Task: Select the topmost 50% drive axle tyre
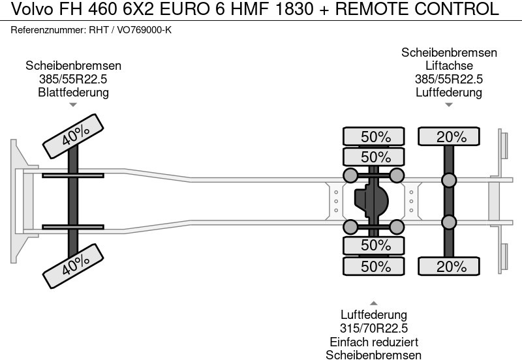coord(375,137)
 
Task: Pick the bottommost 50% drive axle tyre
coord(375,266)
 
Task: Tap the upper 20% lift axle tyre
coord(449,137)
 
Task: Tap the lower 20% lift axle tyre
coord(449,266)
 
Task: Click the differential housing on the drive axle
coord(370,200)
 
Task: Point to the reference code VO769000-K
coord(144,31)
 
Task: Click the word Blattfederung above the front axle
coord(73,92)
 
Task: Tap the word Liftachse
coord(449,66)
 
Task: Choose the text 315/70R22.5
coord(373,328)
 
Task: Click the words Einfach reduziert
coord(373,342)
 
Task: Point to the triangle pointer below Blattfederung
coord(73,104)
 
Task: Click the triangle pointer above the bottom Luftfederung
coord(373,303)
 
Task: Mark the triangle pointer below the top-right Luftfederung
coord(449,104)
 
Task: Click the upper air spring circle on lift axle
coord(449,180)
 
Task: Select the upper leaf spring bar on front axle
coord(73,175)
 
